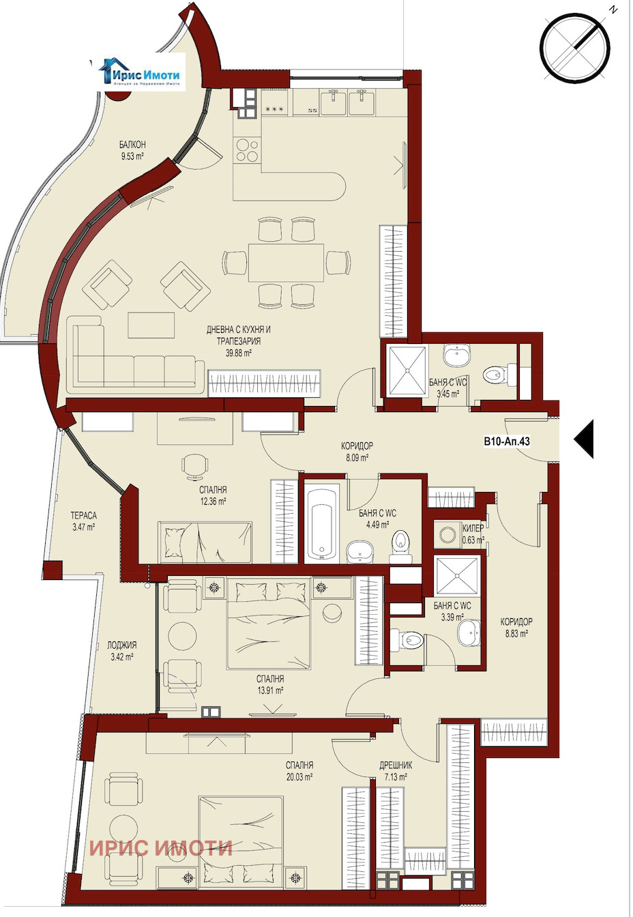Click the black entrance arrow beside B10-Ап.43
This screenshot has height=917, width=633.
584,440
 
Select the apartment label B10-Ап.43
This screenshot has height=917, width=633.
506,441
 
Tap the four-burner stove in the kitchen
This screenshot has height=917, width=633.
247,150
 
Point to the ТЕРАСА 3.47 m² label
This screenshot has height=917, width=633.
83,521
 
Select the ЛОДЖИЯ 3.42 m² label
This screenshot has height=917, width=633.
121,651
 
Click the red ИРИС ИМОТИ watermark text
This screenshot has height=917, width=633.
161,848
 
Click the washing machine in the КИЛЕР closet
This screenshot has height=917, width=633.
447,536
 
